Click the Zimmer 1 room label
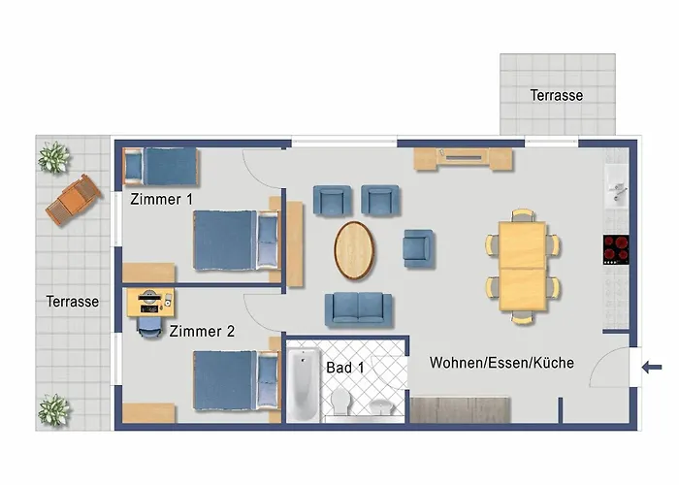(161, 199)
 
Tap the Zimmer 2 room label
(202, 332)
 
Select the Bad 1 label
(345, 368)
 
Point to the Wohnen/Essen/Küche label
(501, 363)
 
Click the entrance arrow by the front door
(652, 368)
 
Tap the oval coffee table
(354, 250)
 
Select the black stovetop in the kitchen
(616, 250)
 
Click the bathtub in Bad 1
(304, 385)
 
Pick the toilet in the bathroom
(339, 401)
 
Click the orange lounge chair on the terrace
(74, 200)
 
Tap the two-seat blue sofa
(359, 309)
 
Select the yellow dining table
(522, 266)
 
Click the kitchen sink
(617, 189)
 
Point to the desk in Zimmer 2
(150, 303)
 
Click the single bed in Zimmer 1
(161, 167)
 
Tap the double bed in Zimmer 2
(236, 380)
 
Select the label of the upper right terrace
(557, 95)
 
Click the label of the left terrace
(73, 302)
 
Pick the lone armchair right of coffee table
(418, 248)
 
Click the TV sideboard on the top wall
(464, 159)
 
